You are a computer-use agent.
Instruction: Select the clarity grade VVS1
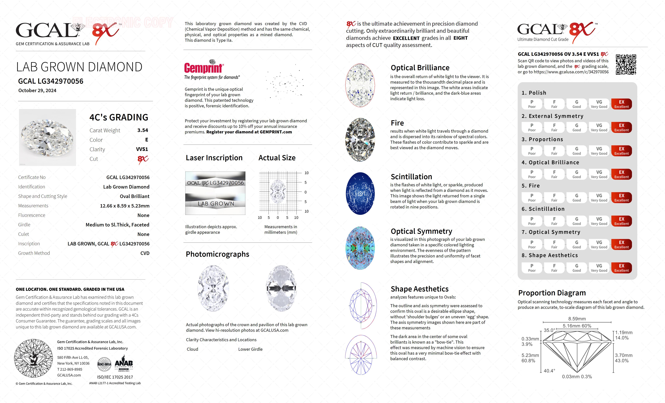pyautogui.click(x=142, y=149)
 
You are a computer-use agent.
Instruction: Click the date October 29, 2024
pyautogui.click(x=37, y=91)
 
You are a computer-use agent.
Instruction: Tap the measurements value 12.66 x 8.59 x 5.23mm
pyautogui.click(x=125, y=206)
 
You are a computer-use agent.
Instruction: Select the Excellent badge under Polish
pyautogui.click(x=621, y=104)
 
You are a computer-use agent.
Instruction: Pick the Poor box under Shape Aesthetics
pyautogui.click(x=532, y=268)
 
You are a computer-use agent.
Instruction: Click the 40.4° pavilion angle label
pyautogui.click(x=549, y=371)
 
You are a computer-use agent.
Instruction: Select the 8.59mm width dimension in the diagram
pyautogui.click(x=577, y=319)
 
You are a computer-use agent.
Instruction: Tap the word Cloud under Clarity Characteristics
pyautogui.click(x=192, y=349)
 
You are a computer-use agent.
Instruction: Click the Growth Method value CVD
pyautogui.click(x=145, y=253)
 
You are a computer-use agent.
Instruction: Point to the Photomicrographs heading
pyautogui.click(x=217, y=254)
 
